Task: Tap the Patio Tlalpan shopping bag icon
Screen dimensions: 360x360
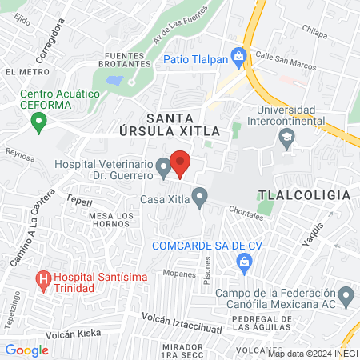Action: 238,56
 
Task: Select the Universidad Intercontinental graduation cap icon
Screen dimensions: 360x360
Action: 286,138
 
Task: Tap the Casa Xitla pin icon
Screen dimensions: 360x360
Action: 199,196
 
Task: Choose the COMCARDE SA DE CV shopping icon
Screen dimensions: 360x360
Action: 245,261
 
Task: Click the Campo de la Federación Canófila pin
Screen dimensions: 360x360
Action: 346,298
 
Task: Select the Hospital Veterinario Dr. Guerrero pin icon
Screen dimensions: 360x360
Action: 164,168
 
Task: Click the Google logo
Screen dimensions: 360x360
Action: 26,350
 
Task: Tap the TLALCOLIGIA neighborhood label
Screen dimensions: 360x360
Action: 304,195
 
